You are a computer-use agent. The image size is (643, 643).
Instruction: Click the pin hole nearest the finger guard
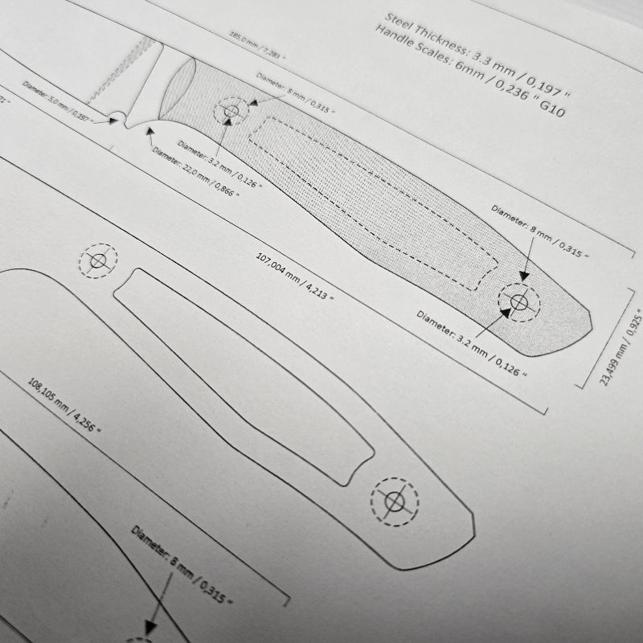(x=231, y=111)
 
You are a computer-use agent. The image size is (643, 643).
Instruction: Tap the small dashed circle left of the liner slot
(x=98, y=261)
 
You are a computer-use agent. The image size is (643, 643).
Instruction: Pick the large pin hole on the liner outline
(x=394, y=502)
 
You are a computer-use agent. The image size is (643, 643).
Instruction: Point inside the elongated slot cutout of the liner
(x=241, y=370)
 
